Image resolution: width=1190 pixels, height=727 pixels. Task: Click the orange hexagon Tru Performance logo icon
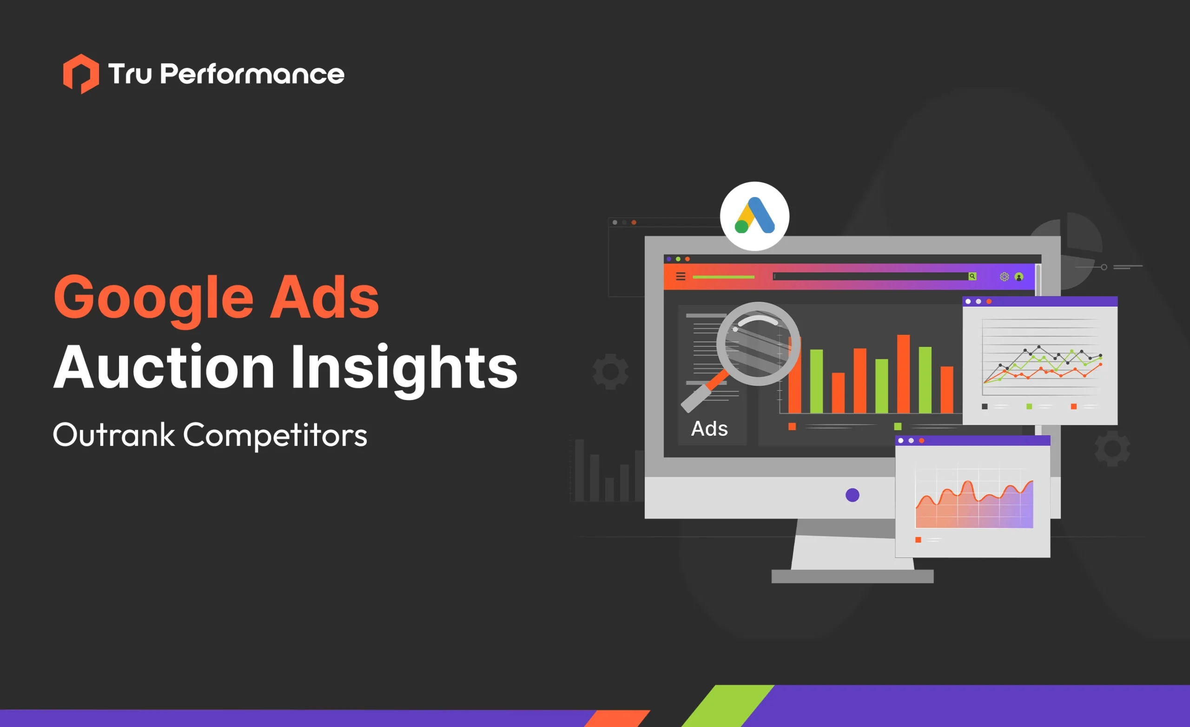[81, 74]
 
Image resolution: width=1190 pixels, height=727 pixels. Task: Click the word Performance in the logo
[251, 74]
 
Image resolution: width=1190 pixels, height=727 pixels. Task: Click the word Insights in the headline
[403, 368]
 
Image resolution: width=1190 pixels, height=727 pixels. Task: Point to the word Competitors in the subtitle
[275, 435]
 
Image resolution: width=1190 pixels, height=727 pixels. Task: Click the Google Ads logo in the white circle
[754, 216]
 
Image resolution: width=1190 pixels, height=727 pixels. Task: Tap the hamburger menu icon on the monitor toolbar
[681, 276]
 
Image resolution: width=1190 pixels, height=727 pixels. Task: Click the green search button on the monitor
[972, 276]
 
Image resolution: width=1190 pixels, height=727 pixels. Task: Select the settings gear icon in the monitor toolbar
[1004, 276]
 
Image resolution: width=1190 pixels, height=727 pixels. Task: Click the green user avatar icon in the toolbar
[1019, 276]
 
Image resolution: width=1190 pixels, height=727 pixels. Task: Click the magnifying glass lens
[758, 343]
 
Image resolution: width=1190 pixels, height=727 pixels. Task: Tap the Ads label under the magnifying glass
[709, 429]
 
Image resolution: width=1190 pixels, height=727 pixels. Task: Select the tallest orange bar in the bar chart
[903, 373]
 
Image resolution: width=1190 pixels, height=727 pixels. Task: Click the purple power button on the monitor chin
[853, 495]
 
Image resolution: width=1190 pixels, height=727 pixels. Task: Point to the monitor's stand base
[852, 576]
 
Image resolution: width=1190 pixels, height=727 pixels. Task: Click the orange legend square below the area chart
[918, 540]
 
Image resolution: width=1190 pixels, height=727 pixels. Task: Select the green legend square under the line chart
[1029, 406]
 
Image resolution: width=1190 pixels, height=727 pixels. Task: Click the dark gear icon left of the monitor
[610, 371]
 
